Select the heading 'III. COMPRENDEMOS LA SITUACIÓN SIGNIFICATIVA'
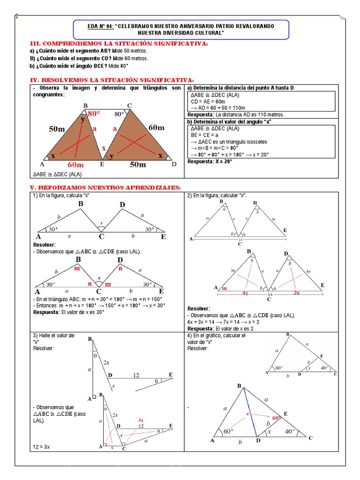pyautogui.click(x=119, y=44)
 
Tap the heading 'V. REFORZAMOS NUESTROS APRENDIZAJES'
pyautogui.click(x=105, y=187)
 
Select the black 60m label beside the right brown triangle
pyautogui.click(x=157, y=127)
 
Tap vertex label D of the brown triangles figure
pyautogui.click(x=174, y=165)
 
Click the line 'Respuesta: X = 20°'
pyautogui.click(x=210, y=161)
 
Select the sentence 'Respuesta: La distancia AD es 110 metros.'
pyautogui.click(x=236, y=114)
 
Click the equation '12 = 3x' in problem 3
pyautogui.click(x=41, y=447)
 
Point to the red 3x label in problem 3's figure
pyautogui.click(x=141, y=420)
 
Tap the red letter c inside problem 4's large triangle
pyautogui.click(x=248, y=414)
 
